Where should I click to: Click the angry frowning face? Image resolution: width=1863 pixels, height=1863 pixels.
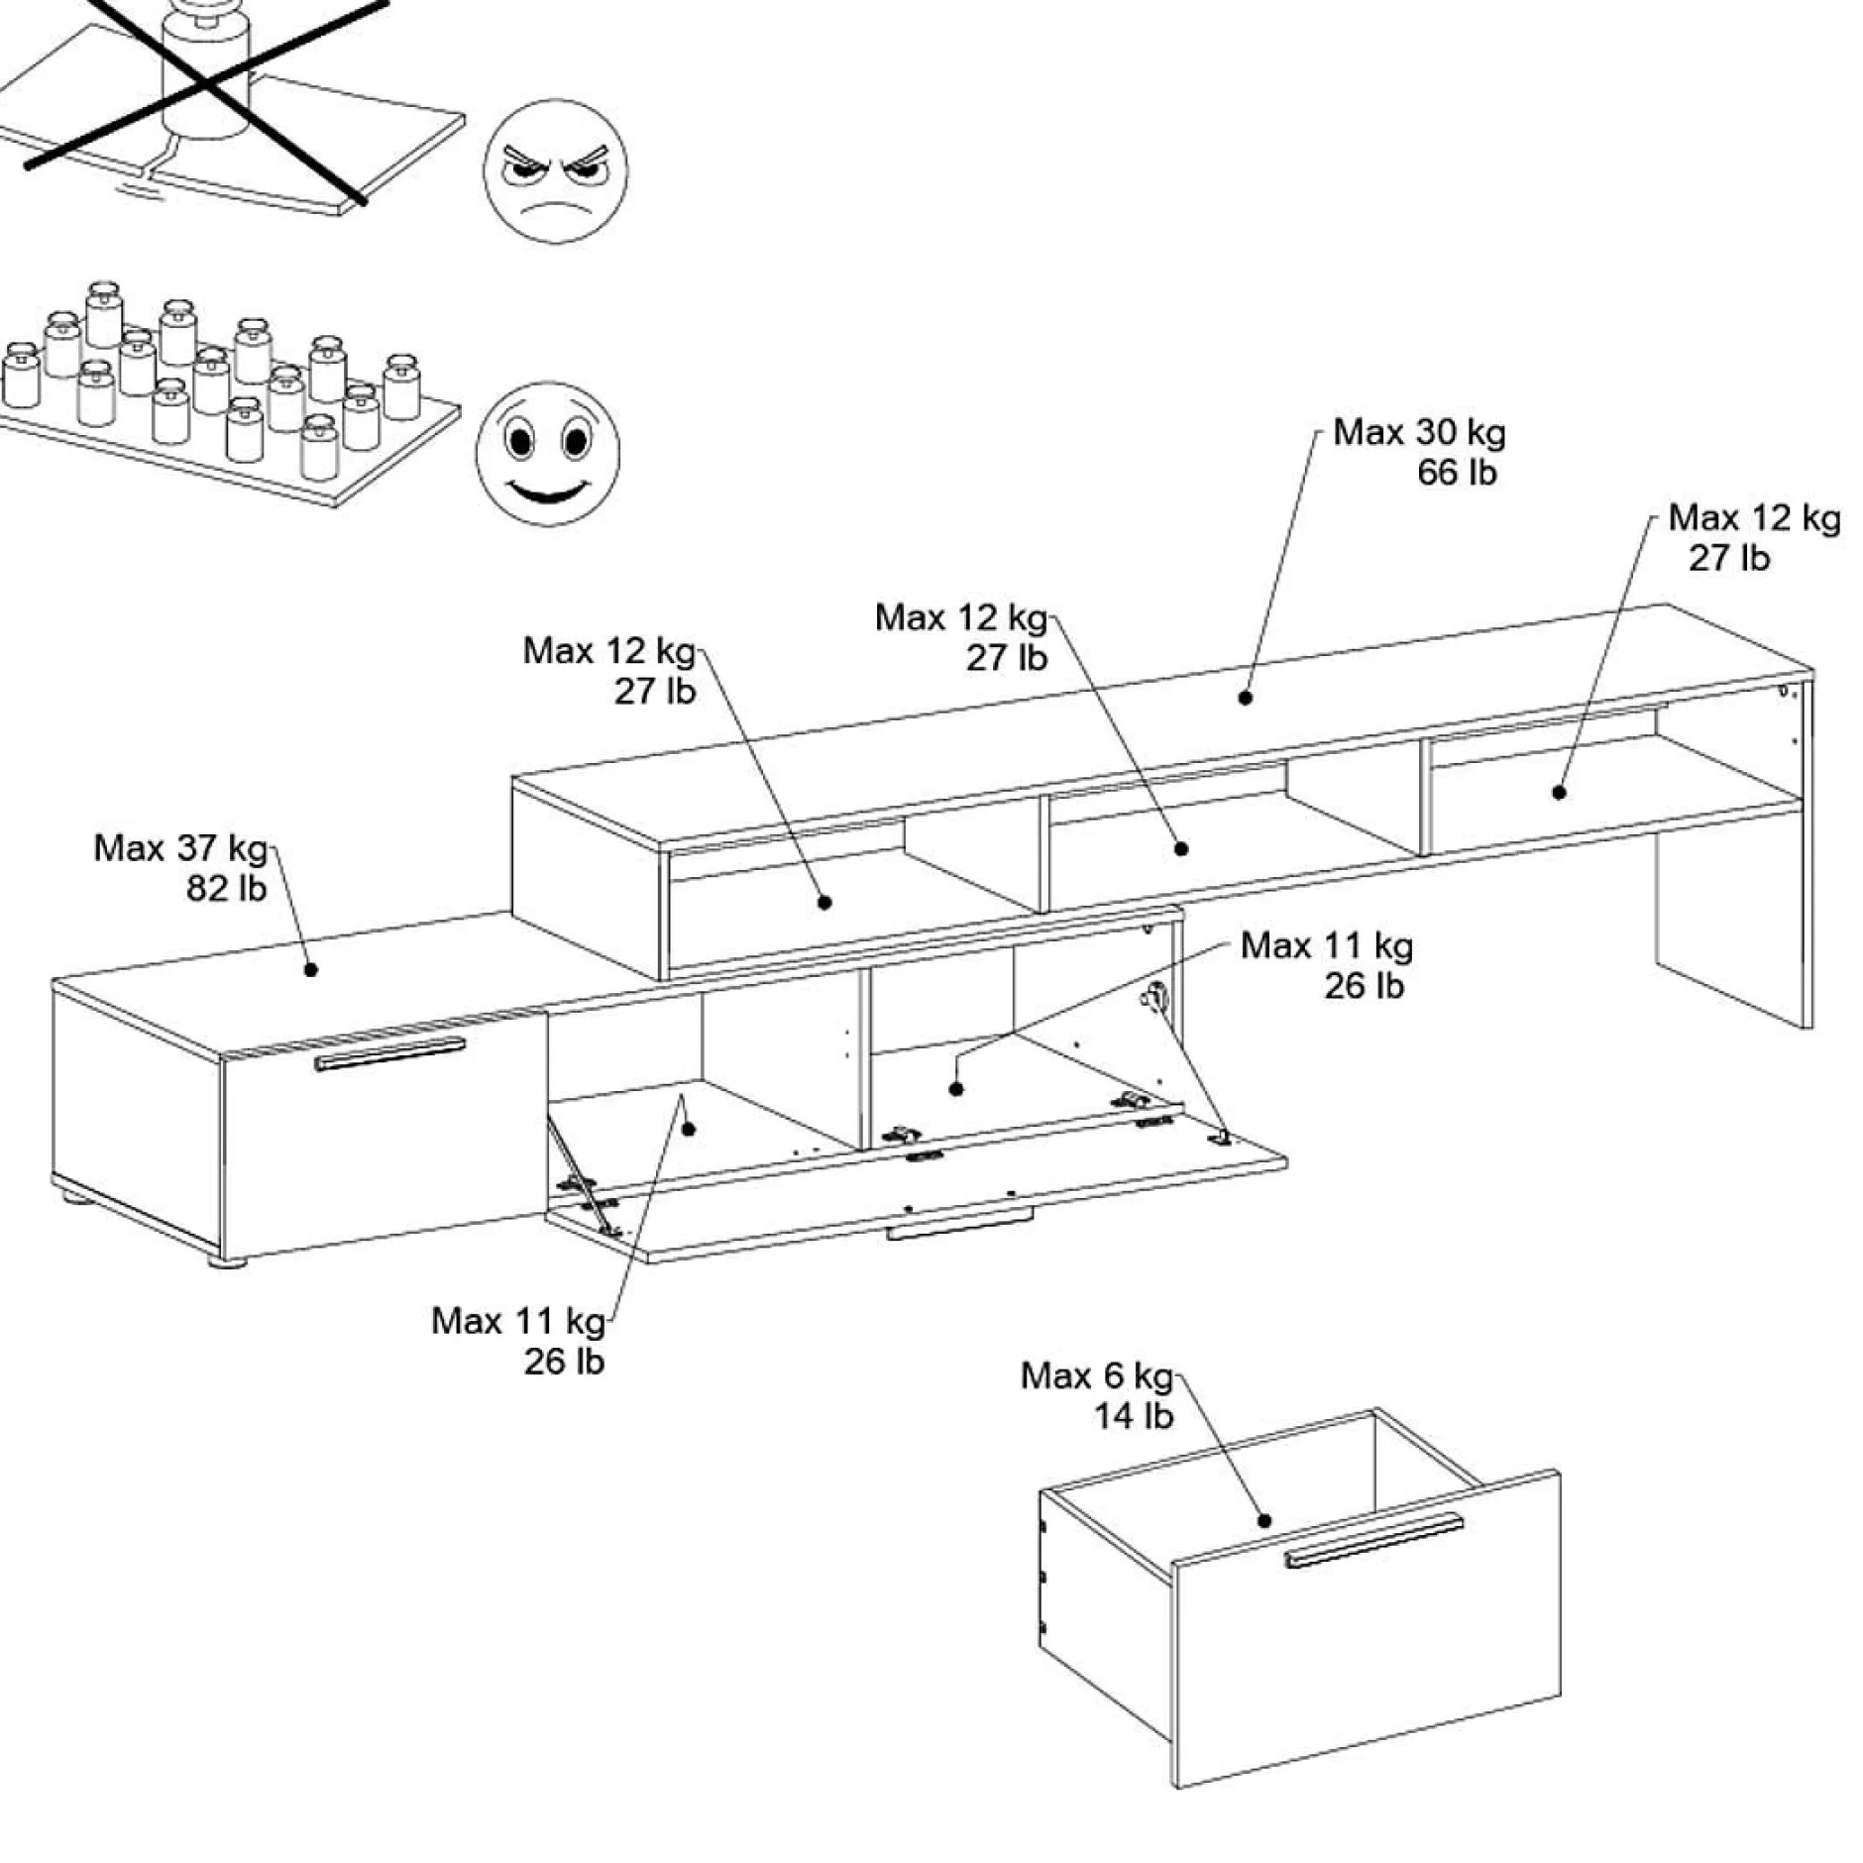555,170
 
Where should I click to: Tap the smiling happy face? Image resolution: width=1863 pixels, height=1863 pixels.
547,453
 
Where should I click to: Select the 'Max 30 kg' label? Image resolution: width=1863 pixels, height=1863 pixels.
1418,433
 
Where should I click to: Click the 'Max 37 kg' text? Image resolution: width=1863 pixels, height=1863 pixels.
180,848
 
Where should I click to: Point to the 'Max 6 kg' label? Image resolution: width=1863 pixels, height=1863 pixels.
1096,1375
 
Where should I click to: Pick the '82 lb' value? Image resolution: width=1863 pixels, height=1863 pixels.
226,889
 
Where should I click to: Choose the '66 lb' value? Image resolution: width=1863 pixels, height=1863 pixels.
1456,474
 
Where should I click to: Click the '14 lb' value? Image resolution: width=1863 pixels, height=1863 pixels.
1133,1416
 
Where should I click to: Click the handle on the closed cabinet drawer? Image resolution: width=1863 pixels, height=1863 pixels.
389,1053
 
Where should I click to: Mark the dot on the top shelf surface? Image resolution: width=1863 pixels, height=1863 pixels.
1246,698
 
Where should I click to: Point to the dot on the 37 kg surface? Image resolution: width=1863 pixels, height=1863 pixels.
310,969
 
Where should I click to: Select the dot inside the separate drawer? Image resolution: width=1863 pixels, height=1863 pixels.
1264,1521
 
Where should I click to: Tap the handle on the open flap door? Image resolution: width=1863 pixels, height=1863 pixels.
958,1230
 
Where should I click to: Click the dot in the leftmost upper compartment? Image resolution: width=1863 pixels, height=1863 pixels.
824,902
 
